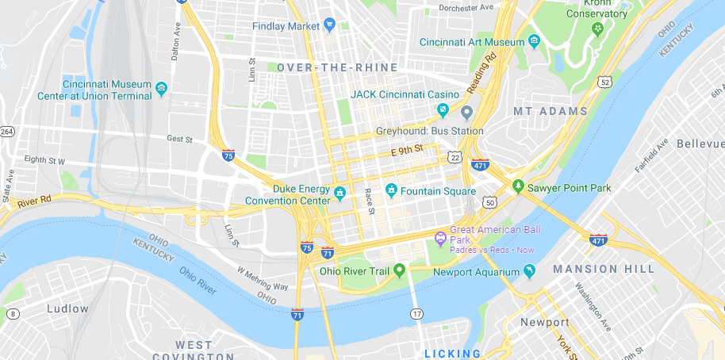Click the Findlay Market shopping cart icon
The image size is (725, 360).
[328, 25]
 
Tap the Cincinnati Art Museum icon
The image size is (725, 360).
[534, 41]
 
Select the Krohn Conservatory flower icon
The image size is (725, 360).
[596, 29]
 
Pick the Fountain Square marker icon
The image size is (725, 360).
[390, 190]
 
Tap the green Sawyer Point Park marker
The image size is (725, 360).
[518, 186]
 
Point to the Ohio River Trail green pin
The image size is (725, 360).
[400, 271]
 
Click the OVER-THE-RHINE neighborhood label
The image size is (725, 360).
[337, 68]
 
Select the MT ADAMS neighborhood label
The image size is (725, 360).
[550, 112]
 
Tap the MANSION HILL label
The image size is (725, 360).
[604, 269]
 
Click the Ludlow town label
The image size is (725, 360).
[67, 308]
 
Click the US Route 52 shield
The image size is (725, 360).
[605, 82]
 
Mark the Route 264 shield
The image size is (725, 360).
[7, 132]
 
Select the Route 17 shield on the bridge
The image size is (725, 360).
[416, 315]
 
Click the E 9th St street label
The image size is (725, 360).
[407, 149]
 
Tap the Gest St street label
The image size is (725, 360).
[180, 138]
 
